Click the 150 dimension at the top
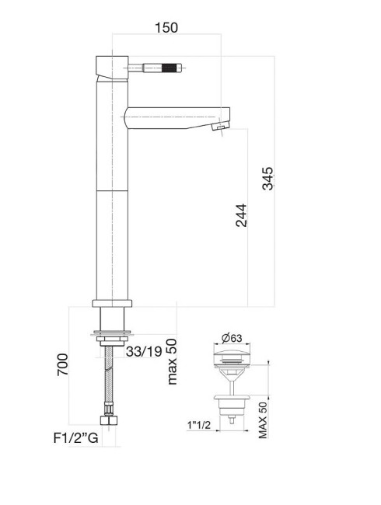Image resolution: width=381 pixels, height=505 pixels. click(x=165, y=27)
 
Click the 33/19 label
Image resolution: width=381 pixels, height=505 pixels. click(x=144, y=351)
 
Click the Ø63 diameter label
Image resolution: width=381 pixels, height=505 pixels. click(x=232, y=337)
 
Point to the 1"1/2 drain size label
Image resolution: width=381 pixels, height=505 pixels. click(x=198, y=425)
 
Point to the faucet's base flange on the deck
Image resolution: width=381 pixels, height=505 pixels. click(x=114, y=304)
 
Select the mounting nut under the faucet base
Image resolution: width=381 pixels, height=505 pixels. click(x=114, y=337)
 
